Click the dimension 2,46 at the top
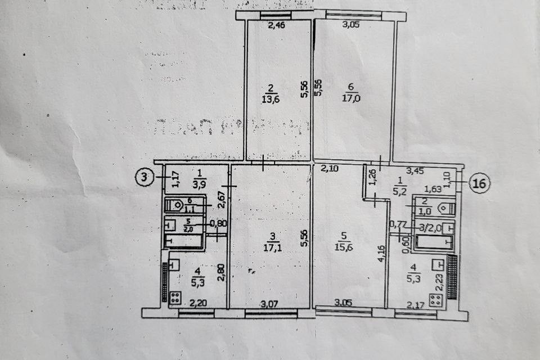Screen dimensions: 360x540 [276, 25]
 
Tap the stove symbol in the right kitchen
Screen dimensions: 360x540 [436, 299]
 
